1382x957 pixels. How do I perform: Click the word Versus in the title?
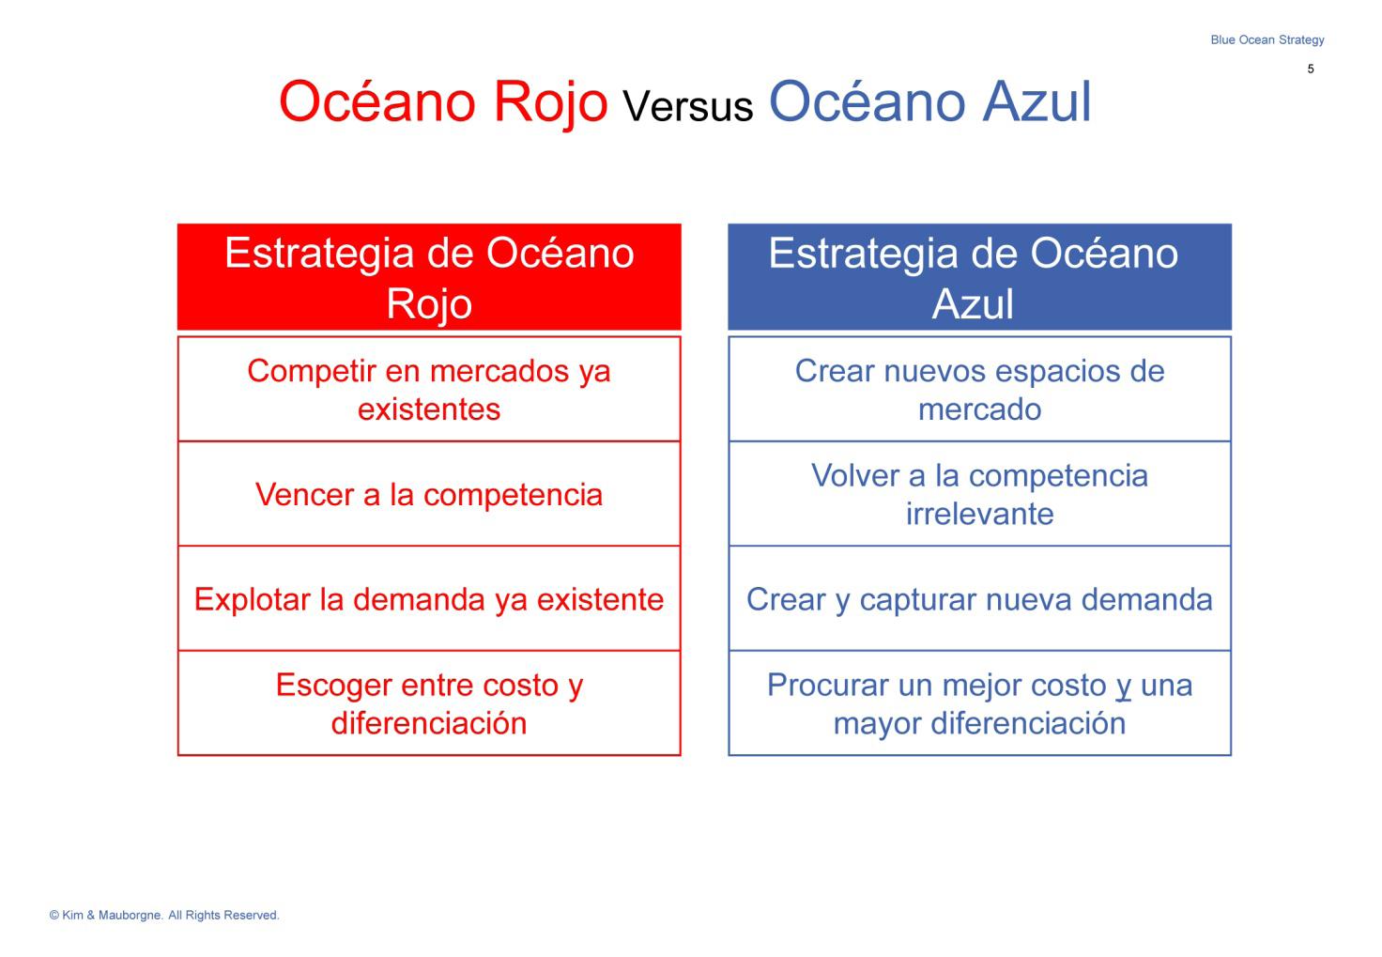click(688, 106)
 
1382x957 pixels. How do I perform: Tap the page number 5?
click(1311, 69)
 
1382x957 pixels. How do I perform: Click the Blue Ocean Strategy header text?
click(1267, 40)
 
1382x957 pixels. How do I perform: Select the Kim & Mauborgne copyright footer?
click(164, 915)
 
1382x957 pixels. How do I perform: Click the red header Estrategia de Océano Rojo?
click(429, 277)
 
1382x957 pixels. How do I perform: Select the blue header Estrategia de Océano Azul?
click(980, 277)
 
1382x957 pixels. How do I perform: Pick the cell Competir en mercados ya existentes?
click(429, 390)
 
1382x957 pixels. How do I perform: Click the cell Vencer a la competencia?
click(429, 494)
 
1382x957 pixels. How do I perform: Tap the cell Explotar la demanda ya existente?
click(429, 598)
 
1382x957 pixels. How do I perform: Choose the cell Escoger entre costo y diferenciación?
click(429, 703)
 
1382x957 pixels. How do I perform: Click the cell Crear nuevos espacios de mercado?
click(980, 390)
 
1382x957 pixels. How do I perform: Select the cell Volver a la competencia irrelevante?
click(980, 494)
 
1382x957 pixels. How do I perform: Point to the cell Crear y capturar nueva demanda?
click(980, 598)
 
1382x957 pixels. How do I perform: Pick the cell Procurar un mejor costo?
click(980, 703)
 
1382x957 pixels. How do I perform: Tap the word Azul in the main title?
click(1037, 101)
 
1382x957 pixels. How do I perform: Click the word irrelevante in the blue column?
click(980, 514)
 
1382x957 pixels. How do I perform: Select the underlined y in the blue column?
click(1124, 688)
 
